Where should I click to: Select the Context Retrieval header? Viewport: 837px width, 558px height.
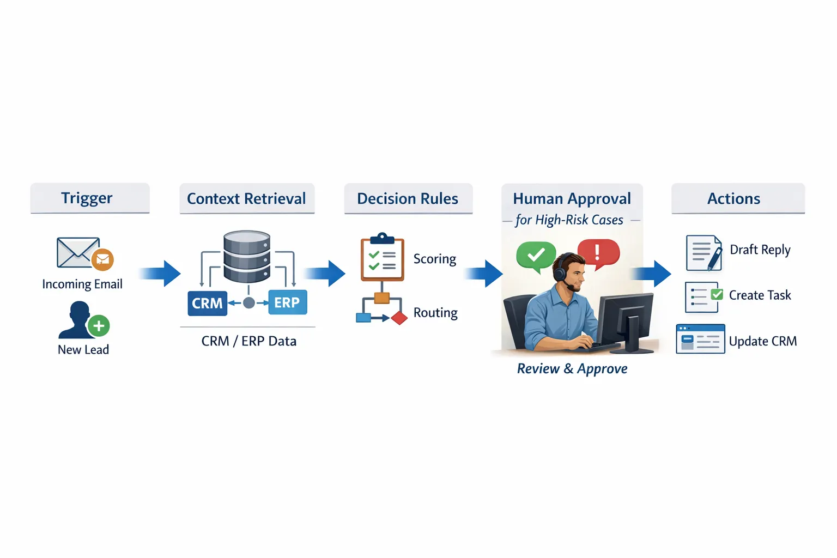pyautogui.click(x=247, y=198)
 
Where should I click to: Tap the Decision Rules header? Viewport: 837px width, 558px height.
pyautogui.click(x=408, y=198)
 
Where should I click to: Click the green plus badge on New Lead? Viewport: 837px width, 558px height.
pyautogui.click(x=99, y=326)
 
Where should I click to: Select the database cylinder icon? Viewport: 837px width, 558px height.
pyautogui.click(x=247, y=257)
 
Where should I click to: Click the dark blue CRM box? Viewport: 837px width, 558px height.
pyautogui.click(x=207, y=303)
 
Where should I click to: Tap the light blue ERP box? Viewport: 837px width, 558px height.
pyautogui.click(x=287, y=302)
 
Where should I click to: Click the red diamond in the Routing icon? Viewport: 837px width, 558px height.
pyautogui.click(x=399, y=318)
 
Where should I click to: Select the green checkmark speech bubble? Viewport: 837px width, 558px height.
pyautogui.click(x=536, y=255)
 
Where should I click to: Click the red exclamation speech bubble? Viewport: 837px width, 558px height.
pyautogui.click(x=598, y=252)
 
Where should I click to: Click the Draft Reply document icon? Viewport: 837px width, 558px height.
pyautogui.click(x=703, y=253)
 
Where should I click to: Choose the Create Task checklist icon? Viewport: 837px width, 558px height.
pyautogui.click(x=703, y=297)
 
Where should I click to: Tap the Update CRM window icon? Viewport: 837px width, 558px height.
pyautogui.click(x=700, y=339)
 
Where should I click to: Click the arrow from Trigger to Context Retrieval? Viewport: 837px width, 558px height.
pyautogui.click(x=160, y=273)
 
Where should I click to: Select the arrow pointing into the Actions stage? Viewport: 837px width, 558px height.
pyautogui.click(x=653, y=273)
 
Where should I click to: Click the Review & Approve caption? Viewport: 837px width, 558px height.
pyautogui.click(x=572, y=369)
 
